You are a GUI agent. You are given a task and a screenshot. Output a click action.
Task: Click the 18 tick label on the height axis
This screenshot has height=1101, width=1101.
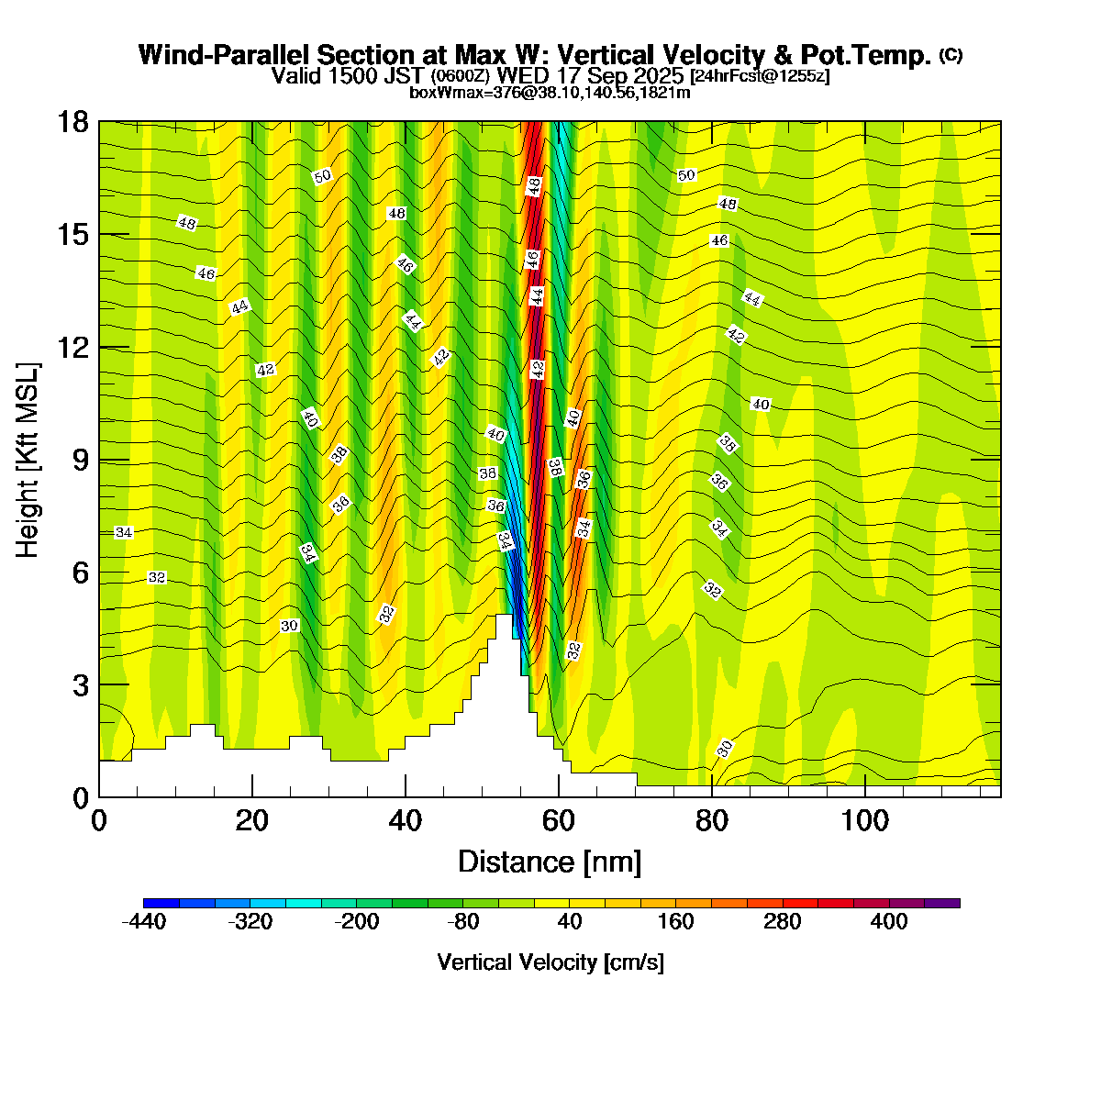(74, 122)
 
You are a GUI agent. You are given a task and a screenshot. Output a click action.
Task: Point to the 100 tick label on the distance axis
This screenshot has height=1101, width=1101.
(865, 820)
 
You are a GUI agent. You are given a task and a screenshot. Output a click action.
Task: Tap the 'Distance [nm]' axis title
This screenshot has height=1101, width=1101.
(549, 862)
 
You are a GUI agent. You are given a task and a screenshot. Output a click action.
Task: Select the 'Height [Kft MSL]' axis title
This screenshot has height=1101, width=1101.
(28, 460)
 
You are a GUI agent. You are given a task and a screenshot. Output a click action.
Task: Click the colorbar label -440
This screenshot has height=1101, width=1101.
(144, 922)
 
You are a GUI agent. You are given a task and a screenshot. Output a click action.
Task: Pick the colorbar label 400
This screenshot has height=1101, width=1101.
(889, 922)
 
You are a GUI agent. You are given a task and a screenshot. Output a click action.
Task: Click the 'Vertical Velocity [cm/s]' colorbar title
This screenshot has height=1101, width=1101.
(550, 962)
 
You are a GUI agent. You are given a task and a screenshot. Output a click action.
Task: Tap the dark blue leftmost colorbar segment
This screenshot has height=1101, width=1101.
(161, 903)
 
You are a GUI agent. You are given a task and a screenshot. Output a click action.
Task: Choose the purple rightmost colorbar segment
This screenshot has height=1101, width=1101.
(942, 903)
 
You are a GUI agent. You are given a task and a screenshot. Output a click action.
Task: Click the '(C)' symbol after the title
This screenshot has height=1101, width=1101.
(951, 55)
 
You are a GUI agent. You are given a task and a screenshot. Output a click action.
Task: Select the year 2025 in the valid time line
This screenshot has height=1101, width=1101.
(655, 75)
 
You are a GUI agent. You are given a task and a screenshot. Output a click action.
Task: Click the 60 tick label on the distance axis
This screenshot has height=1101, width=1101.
(559, 820)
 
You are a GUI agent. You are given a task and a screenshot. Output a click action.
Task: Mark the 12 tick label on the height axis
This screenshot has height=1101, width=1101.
(74, 348)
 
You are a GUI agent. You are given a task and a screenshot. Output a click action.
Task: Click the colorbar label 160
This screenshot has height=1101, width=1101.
(676, 922)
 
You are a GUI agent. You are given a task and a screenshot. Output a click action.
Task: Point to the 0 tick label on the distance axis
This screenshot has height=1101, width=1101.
(99, 820)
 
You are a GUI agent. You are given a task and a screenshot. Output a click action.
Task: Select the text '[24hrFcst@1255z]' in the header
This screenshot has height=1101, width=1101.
(761, 76)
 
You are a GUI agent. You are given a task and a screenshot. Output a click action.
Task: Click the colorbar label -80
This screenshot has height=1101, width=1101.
(463, 922)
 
